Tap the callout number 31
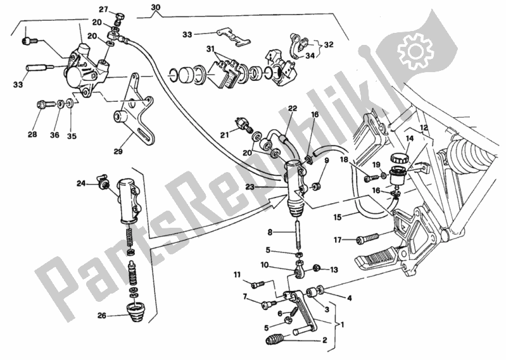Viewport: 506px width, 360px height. pyautogui.click(x=211, y=49)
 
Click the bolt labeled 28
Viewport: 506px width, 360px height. pyautogui.click(x=46, y=104)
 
